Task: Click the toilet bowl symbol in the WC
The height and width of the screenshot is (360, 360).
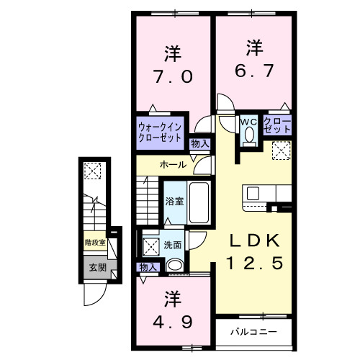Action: coord(250,135)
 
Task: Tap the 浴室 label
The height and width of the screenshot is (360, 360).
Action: coord(175,201)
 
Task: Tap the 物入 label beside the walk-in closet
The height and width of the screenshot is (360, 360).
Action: coord(200,144)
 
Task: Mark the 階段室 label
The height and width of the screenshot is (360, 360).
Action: coord(95,243)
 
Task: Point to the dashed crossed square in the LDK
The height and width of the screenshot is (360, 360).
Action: coord(282,151)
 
